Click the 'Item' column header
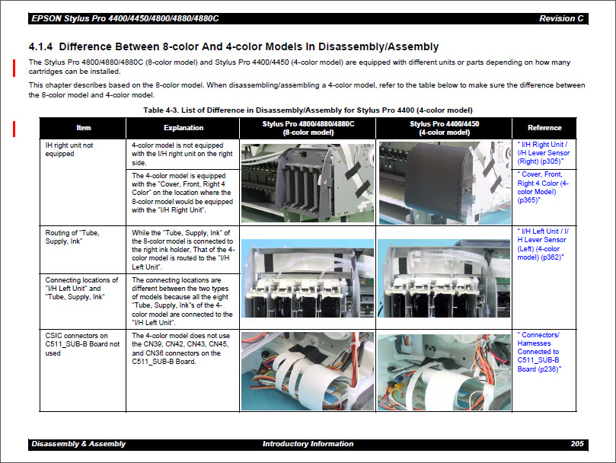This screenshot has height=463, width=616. tap(83, 127)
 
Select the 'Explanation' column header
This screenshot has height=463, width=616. tap(183, 127)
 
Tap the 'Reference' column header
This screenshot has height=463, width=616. tap(544, 127)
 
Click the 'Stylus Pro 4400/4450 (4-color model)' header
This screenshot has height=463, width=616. tap(443, 127)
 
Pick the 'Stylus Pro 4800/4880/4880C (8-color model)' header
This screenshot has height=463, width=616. tap(308, 127)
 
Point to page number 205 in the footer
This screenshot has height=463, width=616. tap(577, 444)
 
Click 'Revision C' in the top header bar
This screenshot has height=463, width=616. tap(562, 18)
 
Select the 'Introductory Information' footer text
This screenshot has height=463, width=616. tap(308, 444)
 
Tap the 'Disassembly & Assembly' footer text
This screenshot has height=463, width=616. tap(78, 444)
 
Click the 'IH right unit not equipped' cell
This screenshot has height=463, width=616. tap(70, 148)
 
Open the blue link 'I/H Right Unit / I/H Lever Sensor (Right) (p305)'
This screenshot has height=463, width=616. tap(543, 152)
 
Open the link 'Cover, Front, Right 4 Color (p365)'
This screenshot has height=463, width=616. tap(542, 187)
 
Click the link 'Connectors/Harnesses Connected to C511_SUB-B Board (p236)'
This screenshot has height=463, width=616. tap(540, 352)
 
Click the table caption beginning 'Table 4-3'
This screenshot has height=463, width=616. tap(308, 110)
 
